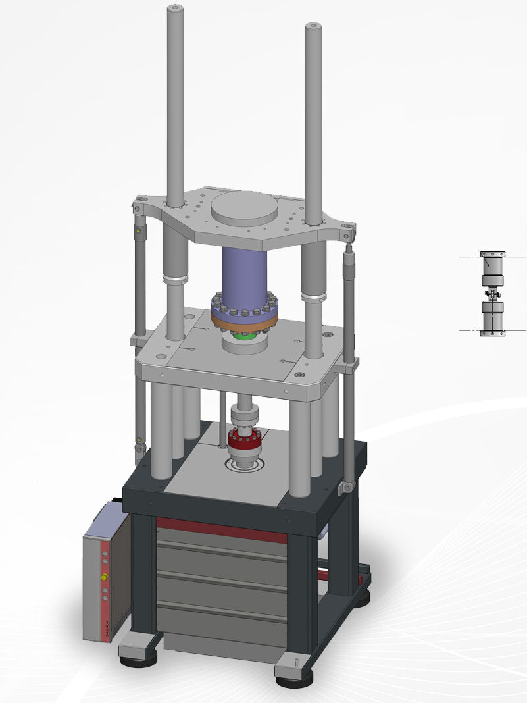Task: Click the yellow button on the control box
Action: coord(103,577)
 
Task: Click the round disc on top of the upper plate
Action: coord(245,209)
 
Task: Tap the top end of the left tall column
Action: coord(175,9)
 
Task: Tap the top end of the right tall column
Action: coord(313,27)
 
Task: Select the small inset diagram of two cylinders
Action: coord(493,294)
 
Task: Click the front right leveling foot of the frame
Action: coord(294,675)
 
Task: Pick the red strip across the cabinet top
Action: coord(222,529)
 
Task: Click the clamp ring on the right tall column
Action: coord(314,298)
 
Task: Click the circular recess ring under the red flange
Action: coord(245,466)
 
